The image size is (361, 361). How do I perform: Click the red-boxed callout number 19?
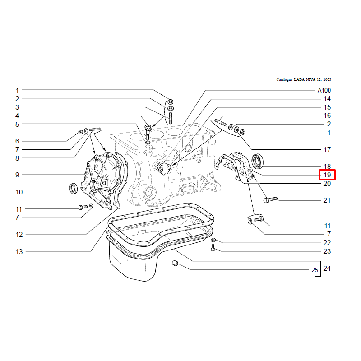click(327, 175)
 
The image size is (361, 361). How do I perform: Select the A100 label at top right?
click(324, 90)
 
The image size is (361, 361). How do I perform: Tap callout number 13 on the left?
click(19, 252)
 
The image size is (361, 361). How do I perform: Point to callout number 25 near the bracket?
click(315, 270)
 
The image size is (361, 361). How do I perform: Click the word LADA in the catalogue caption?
click(299, 79)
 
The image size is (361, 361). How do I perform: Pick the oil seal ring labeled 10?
click(74, 188)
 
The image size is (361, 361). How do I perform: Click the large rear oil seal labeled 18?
click(257, 161)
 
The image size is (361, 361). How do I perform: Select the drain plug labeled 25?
click(176, 263)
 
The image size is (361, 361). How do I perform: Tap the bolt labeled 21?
click(270, 199)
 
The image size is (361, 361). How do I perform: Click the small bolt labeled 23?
click(213, 248)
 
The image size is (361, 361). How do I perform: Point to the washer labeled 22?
click(213, 240)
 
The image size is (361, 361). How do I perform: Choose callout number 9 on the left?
click(17, 175)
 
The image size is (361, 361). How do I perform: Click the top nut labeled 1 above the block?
click(171, 102)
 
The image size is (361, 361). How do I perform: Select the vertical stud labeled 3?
click(171, 118)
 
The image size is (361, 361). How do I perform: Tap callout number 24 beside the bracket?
click(327, 268)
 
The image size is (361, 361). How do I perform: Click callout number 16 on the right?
click(327, 116)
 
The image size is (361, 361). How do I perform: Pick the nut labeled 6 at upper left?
click(81, 132)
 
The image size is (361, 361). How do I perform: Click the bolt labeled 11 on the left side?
click(83, 207)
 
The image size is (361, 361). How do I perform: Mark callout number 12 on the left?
click(19, 235)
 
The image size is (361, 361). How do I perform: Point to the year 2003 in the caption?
click(327, 79)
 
